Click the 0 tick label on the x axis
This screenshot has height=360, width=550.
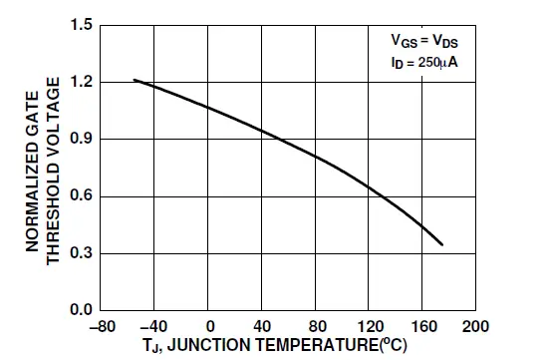pyautogui.click(x=210, y=326)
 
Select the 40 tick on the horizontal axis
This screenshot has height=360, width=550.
pyautogui.click(x=263, y=326)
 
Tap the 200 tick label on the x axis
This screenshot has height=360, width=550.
pyautogui.click(x=476, y=326)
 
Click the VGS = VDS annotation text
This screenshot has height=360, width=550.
pyautogui.click(x=429, y=43)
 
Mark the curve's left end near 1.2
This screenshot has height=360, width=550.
pyautogui.click(x=135, y=80)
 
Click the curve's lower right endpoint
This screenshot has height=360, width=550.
pyautogui.click(x=441, y=244)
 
